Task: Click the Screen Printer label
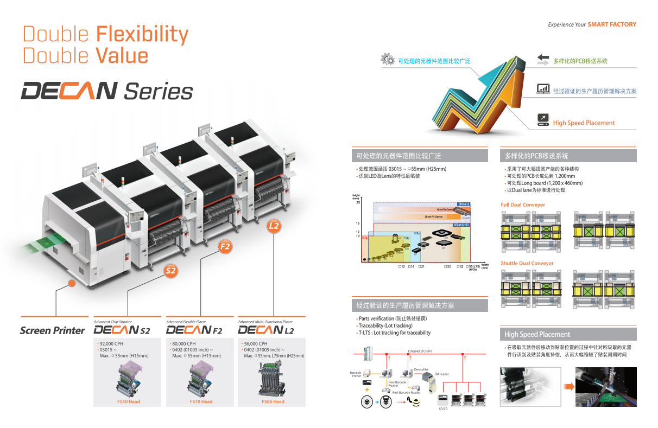point(52,330)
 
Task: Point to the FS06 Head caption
point(273,401)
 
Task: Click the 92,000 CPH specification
point(111,343)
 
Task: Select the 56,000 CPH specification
point(255,343)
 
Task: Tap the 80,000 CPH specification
point(184,343)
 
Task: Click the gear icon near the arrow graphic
point(388,60)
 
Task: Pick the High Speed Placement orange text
point(584,123)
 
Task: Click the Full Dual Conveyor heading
point(523,205)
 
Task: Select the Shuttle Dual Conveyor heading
point(527,263)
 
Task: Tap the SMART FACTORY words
point(612,24)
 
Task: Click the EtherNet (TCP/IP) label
point(420,351)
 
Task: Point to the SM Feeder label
point(442,374)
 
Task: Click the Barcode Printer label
point(356,374)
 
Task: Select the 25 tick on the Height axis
point(358,202)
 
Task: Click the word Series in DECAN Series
point(158,92)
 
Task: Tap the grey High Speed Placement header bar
point(568,334)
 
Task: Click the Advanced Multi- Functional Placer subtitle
point(265,322)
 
